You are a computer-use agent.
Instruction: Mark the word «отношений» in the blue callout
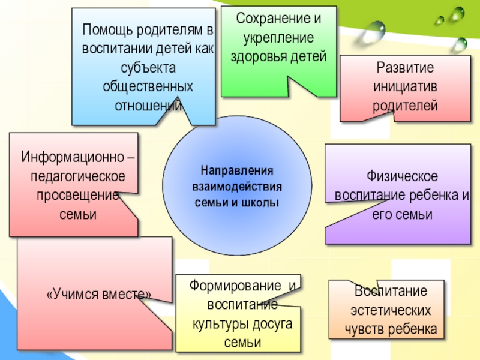click(148, 106)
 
